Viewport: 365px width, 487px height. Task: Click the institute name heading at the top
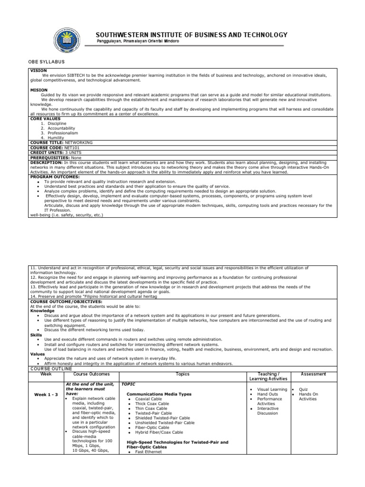click(192, 35)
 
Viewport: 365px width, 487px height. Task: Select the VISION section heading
click(39, 70)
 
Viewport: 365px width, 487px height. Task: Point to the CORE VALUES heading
click(46, 118)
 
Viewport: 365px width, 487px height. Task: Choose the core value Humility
click(57, 138)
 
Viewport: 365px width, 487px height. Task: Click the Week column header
click(46, 374)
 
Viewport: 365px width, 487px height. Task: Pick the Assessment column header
click(314, 374)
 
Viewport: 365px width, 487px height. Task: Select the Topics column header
click(182, 374)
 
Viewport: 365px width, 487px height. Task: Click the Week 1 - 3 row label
click(46, 395)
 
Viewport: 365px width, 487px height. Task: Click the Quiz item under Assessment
click(303, 389)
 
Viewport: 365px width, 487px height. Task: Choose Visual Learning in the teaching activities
click(272, 389)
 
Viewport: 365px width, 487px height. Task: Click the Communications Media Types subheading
click(159, 394)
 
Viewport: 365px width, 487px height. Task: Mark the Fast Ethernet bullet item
click(148, 452)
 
